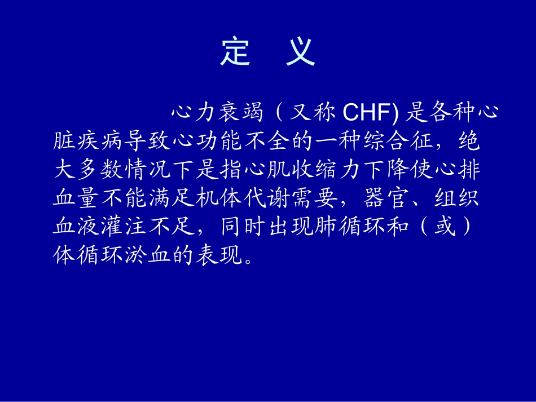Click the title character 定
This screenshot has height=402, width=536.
[x=235, y=52]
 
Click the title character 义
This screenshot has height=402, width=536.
[x=300, y=52]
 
